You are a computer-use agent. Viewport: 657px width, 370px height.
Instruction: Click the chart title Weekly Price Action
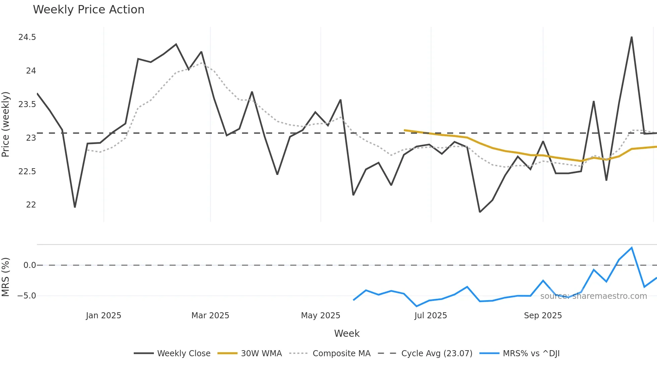click(x=88, y=10)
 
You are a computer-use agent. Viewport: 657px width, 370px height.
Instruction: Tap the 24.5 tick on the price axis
click(x=27, y=37)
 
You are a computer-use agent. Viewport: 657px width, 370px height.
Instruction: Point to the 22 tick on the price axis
click(x=31, y=205)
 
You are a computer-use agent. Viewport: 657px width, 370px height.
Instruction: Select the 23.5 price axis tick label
click(x=27, y=104)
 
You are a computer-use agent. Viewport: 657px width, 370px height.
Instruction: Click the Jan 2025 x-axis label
click(x=103, y=316)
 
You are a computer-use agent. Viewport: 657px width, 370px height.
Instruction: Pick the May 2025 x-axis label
click(x=320, y=316)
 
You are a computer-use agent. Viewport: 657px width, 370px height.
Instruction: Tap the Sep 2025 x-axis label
click(x=543, y=316)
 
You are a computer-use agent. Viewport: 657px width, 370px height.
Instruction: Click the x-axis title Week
click(x=347, y=333)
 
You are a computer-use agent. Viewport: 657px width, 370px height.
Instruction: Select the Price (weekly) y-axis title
click(x=6, y=124)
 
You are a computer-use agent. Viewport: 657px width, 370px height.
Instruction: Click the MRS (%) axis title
click(x=6, y=277)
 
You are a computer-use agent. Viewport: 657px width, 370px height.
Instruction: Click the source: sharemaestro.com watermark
click(x=593, y=296)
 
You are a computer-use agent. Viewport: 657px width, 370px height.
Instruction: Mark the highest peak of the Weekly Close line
click(x=632, y=37)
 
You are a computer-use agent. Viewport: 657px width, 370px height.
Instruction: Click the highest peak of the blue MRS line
click(x=632, y=248)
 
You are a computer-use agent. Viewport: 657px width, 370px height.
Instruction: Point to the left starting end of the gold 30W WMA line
click(x=405, y=130)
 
